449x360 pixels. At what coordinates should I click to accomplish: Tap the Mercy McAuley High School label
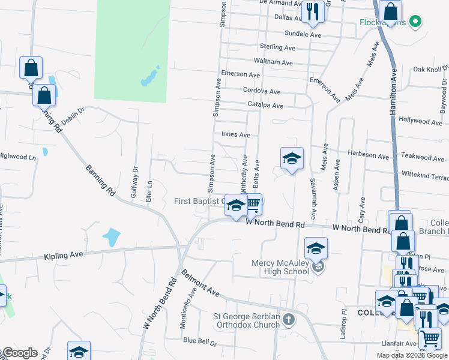[280, 267]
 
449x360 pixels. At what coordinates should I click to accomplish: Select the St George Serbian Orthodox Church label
[247, 320]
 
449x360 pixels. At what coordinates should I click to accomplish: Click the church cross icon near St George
[289, 319]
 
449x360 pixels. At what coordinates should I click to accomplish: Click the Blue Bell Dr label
[199, 341]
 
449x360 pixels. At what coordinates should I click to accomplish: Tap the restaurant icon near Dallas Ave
[313, 12]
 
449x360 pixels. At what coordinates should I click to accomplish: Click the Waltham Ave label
[273, 62]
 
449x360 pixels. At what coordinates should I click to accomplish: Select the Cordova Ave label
[262, 92]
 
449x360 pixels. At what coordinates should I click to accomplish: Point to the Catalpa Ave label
[265, 106]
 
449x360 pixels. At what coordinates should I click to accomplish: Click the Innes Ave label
[236, 135]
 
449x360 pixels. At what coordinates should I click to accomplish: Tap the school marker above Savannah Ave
[292, 158]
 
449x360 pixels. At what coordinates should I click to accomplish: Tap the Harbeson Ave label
[367, 155]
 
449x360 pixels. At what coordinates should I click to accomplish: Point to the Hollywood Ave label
[420, 121]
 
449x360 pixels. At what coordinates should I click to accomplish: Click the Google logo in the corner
[19, 353]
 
